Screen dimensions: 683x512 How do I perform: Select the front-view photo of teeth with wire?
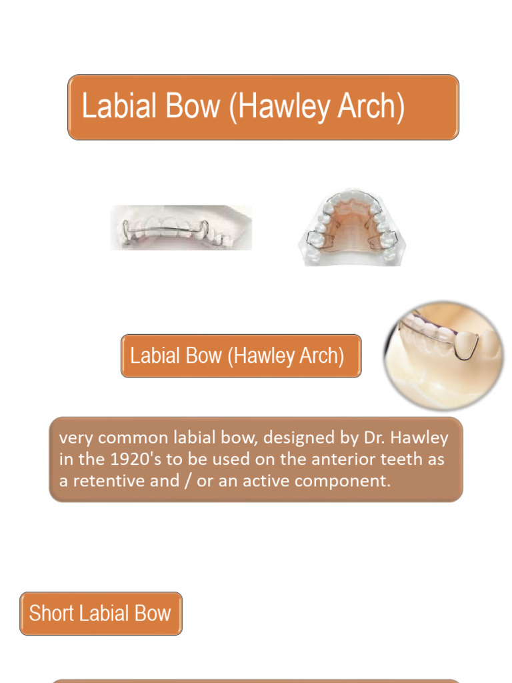pyautogui.click(x=181, y=227)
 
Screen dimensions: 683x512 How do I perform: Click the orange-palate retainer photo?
pyautogui.click(x=351, y=229)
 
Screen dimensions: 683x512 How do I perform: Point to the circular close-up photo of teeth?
pyautogui.click(x=443, y=354)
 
